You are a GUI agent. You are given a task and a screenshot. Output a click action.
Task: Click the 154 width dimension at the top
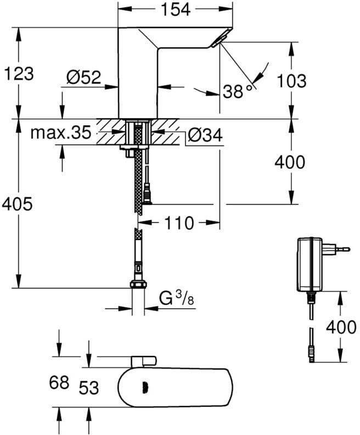coord(176,9)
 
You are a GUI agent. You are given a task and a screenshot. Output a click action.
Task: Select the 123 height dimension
coord(19,74)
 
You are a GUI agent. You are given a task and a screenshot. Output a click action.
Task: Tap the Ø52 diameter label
coord(84,77)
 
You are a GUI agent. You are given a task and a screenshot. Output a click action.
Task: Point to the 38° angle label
coord(238,91)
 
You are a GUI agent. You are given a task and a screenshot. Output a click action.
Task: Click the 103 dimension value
coord(292,81)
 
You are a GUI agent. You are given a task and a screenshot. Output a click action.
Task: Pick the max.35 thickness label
coord(61,132)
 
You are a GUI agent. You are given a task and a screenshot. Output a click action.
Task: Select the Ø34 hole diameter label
coord(205,136)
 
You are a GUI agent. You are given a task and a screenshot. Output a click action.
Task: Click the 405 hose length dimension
coord(17,204)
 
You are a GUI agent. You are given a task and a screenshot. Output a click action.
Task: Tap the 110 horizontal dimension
coord(179,223)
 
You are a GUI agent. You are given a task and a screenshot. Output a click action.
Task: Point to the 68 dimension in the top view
coord(59,383)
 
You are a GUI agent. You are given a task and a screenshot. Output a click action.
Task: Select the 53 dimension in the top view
coord(89,388)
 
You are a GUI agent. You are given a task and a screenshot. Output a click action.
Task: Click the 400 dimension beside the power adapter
coord(341,327)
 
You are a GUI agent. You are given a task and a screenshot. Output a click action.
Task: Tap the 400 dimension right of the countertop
coord(290,162)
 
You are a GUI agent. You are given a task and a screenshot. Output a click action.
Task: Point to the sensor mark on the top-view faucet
coord(145,387)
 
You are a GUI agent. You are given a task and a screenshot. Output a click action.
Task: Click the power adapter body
coord(310,264)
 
